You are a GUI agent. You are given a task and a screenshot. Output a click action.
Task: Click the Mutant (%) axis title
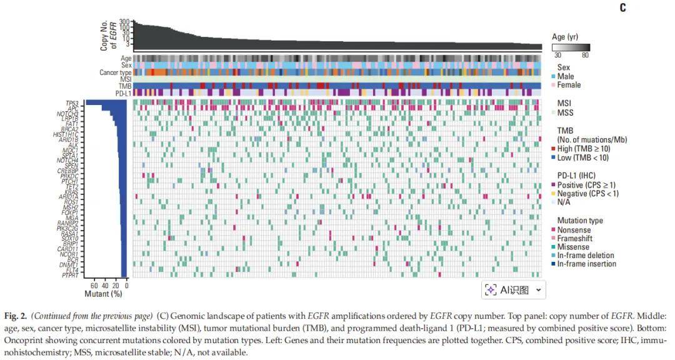click(x=102, y=293)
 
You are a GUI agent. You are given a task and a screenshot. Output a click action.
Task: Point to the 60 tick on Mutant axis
click(x=93, y=285)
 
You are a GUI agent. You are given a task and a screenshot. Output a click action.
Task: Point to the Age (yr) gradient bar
click(x=571, y=47)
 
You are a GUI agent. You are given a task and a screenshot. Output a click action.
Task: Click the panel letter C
click(x=622, y=8)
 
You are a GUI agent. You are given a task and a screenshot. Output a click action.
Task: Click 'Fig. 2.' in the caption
click(x=17, y=316)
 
